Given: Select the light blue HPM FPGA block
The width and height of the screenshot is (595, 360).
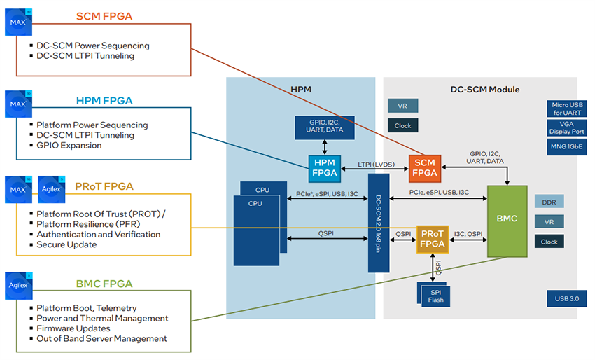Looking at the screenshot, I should pyautogui.click(x=324, y=168).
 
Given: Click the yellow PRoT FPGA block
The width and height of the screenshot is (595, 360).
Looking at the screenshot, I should pyautogui.click(x=433, y=239).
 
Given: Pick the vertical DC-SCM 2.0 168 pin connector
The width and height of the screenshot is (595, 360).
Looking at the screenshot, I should pyautogui.click(x=379, y=223).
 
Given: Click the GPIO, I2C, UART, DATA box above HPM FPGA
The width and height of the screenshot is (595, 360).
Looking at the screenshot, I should pyautogui.click(x=324, y=127).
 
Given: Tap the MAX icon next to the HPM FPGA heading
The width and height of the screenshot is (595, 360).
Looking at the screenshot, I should pyautogui.click(x=17, y=104).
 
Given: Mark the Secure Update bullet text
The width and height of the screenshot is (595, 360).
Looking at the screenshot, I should pyautogui.click(x=67, y=244).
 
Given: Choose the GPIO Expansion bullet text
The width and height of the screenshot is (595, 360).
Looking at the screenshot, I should pyautogui.click(x=69, y=146).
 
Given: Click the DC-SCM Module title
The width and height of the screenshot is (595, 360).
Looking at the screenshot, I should pyautogui.click(x=484, y=90).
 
